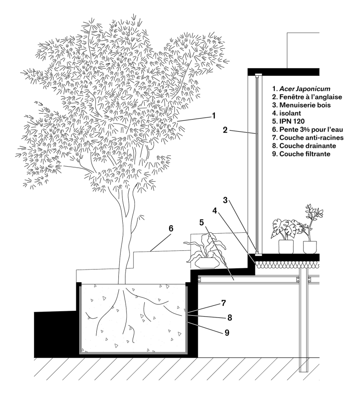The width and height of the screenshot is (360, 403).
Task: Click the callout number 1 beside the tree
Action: [214, 116]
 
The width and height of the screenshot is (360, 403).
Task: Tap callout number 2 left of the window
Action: [226, 131]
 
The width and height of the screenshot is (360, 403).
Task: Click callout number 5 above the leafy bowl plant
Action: [202, 222]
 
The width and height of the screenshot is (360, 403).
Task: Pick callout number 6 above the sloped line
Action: [171, 229]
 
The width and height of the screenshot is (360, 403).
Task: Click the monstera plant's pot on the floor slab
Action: [286, 247]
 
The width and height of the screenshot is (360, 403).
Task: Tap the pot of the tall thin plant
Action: [309, 247]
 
